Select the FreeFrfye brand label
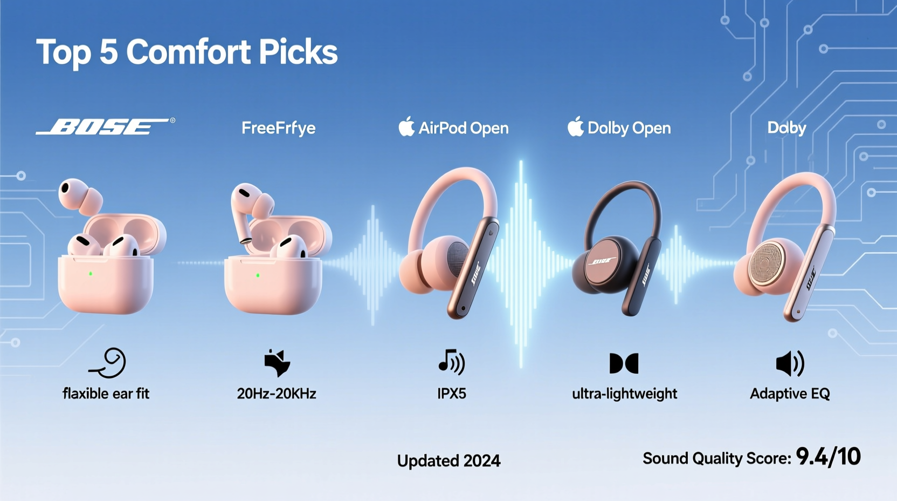pyautogui.click(x=278, y=128)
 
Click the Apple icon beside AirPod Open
pyautogui.click(x=406, y=127)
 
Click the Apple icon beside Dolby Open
pyautogui.click(x=575, y=127)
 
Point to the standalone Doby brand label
pyautogui.click(x=786, y=128)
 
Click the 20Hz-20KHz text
pyautogui.click(x=276, y=394)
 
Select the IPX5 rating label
pyautogui.click(x=451, y=394)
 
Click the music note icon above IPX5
pyautogui.click(x=451, y=362)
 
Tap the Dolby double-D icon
pyautogui.click(x=624, y=363)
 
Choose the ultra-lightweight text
pyautogui.click(x=624, y=394)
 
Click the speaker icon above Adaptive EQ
pyautogui.click(x=790, y=363)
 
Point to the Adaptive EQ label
pyautogui.click(x=790, y=394)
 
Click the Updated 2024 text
pyautogui.click(x=448, y=461)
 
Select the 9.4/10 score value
pyautogui.click(x=828, y=457)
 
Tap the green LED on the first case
pyautogui.click(x=91, y=274)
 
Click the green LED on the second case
pyautogui.click(x=258, y=275)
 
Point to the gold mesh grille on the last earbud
pyautogui.click(x=764, y=265)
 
